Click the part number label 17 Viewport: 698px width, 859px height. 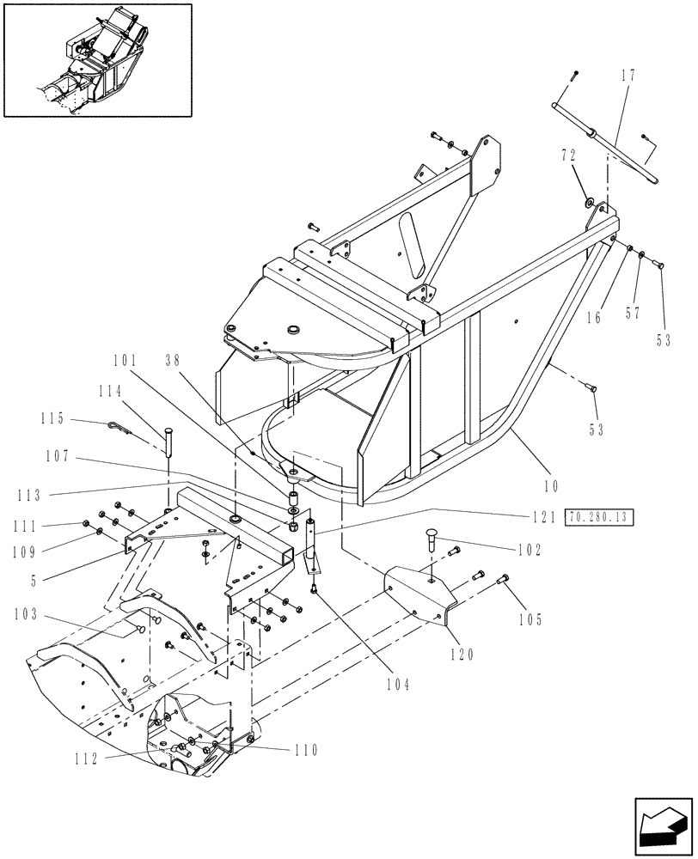pos(628,75)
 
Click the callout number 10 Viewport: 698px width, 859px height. pos(550,486)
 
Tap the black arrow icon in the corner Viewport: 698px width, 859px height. pos(662,830)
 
